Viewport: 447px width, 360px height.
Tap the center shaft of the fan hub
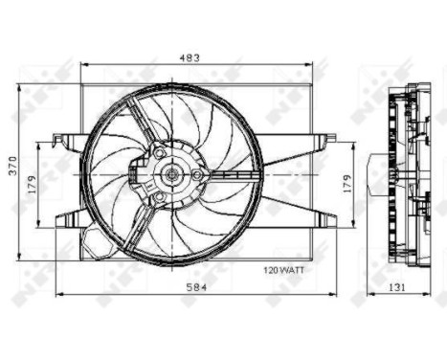click(171, 174)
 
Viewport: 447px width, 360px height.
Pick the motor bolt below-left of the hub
click(157, 199)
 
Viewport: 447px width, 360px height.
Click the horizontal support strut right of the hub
click(230, 175)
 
